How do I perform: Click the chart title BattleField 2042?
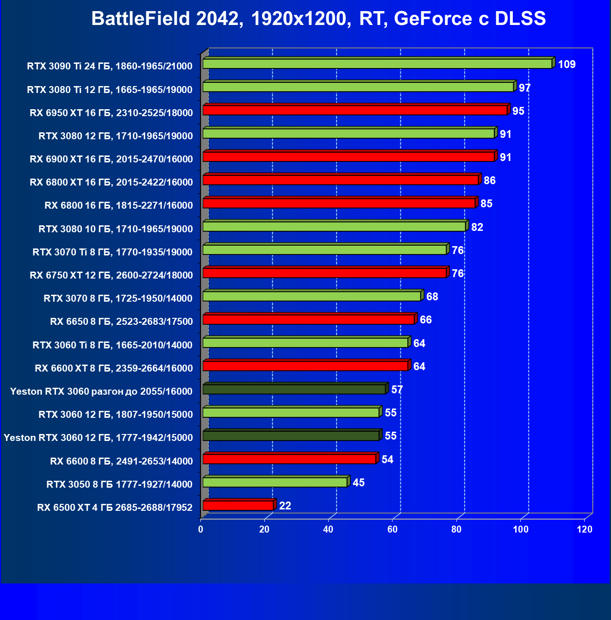pos(318,19)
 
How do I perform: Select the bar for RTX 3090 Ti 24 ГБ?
pos(377,64)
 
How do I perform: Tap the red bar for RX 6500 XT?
pos(238,505)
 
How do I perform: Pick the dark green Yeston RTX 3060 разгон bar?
pos(294,389)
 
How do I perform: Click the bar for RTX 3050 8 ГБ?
pos(275,482)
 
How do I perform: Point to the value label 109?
pos(567,64)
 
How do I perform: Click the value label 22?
pos(285,506)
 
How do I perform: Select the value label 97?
pos(524,88)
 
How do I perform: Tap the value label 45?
pos(359,483)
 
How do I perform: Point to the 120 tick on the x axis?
pos(585,529)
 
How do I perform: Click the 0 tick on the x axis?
pos(200,529)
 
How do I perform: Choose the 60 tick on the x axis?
pos(393,529)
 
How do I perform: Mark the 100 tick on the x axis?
pos(521,529)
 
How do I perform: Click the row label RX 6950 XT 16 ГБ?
pos(111,113)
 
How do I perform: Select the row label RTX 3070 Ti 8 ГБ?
pos(112,252)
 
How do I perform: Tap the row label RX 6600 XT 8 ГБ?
pos(114,368)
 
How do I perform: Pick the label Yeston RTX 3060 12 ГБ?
pos(98,438)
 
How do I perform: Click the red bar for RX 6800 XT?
pos(341,180)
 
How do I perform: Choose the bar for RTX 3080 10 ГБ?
pos(334,226)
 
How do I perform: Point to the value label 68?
pos(432,297)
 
